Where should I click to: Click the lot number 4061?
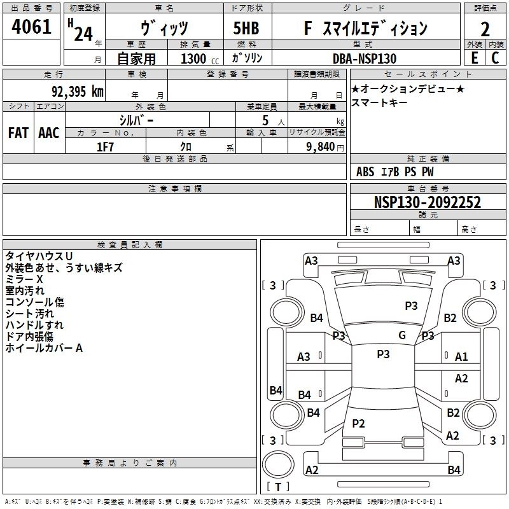coord(32,29)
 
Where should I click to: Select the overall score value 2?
coord(485,29)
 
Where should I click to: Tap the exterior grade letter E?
coord(474,58)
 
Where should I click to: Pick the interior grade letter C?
coord(495,58)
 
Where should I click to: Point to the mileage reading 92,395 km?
coord(78,91)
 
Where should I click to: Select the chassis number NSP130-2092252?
coord(427,202)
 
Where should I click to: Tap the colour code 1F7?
coord(105,146)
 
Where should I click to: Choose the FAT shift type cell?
coord(18,133)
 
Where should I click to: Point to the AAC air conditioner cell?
coord(49,133)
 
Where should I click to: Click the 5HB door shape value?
coord(246,29)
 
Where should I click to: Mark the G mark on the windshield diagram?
coord(402,335)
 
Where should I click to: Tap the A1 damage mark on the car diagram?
coord(461,357)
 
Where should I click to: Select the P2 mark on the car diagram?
coord(358,423)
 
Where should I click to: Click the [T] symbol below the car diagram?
coord(277,487)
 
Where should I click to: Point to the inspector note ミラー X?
coord(24,279)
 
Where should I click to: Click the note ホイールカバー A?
coord(44,348)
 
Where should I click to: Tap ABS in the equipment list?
coord(365,172)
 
